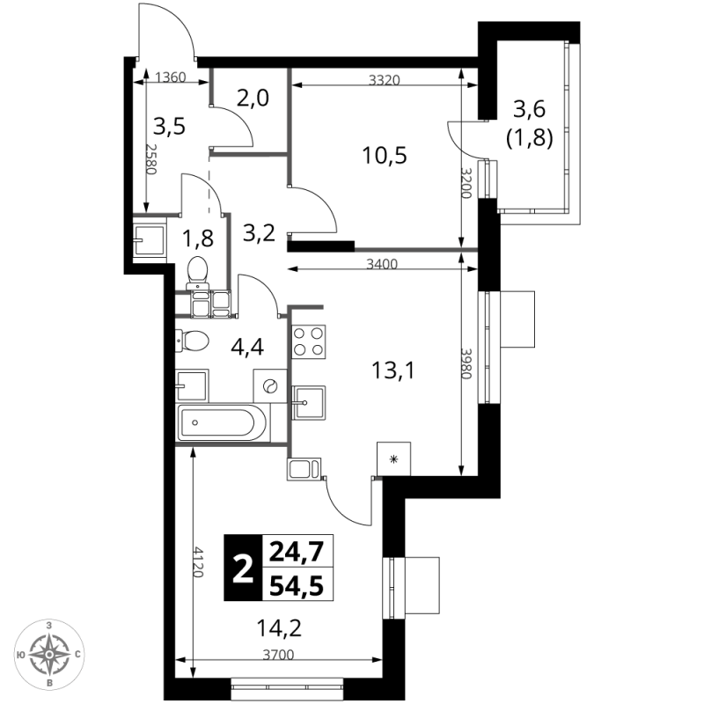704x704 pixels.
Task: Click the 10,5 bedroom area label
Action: coord(385,156)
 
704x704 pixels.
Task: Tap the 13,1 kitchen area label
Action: coord(393,370)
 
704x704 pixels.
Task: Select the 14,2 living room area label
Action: coord(279,628)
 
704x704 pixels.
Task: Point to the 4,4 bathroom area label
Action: coord(247,347)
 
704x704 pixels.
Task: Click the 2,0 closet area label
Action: coord(253,98)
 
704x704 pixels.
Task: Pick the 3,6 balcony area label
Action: coord(530,108)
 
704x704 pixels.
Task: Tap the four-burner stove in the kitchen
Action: coord(309,341)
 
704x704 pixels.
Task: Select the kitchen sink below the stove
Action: coord(309,402)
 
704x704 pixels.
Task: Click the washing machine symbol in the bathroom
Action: coord(270,385)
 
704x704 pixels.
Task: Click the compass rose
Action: coord(49,654)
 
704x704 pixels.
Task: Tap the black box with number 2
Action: coord(243,568)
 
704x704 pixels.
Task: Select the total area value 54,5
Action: coord(297,585)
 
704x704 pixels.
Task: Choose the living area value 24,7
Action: coord(297,552)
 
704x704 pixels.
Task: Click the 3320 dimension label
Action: coord(385,80)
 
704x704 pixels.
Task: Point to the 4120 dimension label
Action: coord(198,561)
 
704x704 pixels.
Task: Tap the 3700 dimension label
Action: coord(278,655)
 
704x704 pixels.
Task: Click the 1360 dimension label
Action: coord(171,77)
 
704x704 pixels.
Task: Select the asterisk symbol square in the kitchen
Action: coord(393,458)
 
